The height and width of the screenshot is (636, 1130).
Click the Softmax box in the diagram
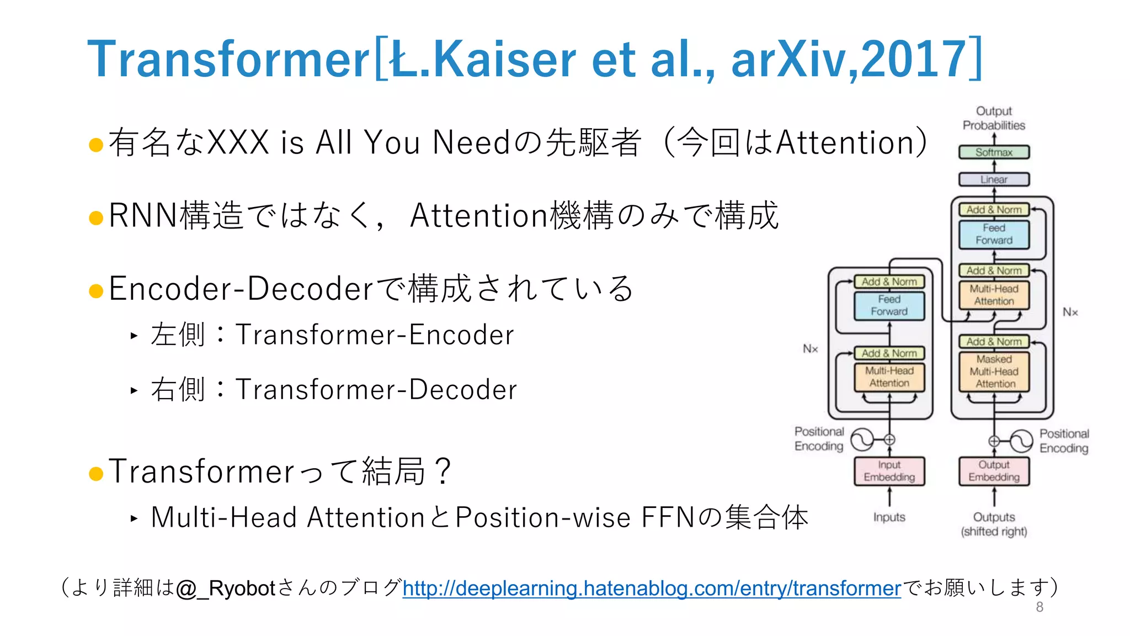(994, 152)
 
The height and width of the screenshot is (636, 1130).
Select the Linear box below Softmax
(994, 179)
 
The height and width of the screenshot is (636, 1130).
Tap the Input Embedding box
(889, 471)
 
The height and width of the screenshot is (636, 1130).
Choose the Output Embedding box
(994, 471)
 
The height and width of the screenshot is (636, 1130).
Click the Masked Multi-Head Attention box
(994, 372)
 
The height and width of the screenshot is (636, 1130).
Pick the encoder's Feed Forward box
(889, 305)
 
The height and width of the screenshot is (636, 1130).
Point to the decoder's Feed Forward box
(994, 234)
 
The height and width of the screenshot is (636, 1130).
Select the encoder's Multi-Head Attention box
(889, 377)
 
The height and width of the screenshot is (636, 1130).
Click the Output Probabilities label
(994, 118)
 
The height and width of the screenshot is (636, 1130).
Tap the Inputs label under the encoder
(889, 517)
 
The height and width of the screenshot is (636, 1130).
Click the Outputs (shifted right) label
(994, 524)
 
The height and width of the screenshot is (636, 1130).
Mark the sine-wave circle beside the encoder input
(862, 439)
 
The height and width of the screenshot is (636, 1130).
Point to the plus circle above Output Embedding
(994, 441)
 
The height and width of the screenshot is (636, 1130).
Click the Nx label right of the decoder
(1070, 312)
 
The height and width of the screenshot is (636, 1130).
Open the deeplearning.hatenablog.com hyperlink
(652, 589)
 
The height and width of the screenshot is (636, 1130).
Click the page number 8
(1040, 607)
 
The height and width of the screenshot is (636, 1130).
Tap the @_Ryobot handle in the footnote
(226, 589)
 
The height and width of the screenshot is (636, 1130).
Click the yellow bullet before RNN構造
(96, 218)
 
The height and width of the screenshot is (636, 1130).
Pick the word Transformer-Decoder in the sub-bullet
(376, 390)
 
